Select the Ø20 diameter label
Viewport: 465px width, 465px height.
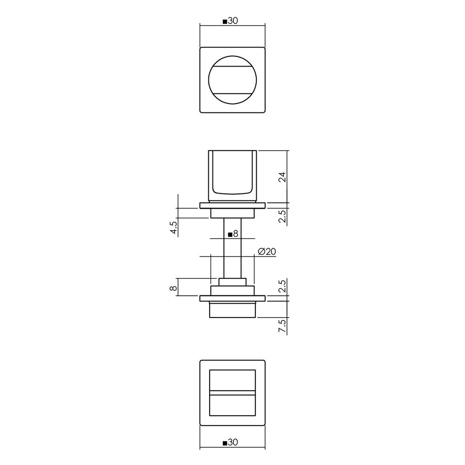266,252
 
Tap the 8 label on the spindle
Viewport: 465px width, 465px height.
235,234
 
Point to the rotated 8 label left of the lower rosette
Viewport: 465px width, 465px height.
174,288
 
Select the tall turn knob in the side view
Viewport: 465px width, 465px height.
232,176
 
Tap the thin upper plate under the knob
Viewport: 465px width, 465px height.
232,206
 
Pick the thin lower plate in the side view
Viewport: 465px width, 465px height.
232,298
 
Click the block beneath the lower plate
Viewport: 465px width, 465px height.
232,309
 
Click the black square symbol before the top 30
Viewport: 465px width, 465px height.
225,22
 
